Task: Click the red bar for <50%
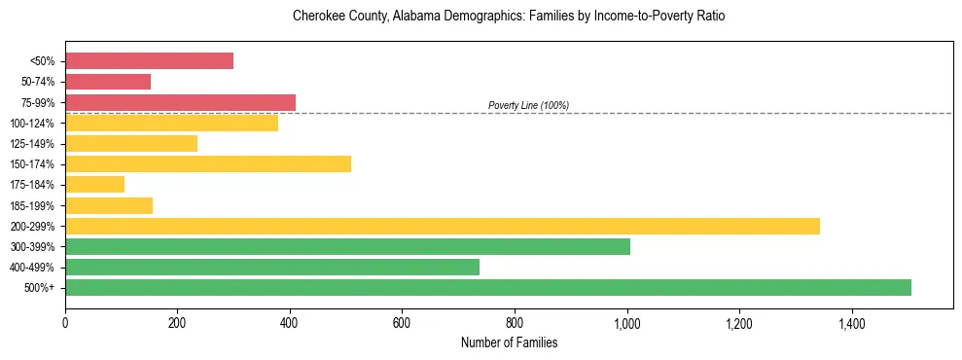149,61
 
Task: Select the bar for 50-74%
108,82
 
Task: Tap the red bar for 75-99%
180,102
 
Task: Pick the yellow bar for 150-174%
208,163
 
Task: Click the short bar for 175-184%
94,184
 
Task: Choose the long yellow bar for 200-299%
443,226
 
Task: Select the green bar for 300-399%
347,246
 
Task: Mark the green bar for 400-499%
272,267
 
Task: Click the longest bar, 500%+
488,287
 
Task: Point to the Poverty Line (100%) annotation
528,105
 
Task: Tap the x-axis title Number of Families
509,342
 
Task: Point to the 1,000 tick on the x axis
627,322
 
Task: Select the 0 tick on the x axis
65,322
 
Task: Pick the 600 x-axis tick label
403,322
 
